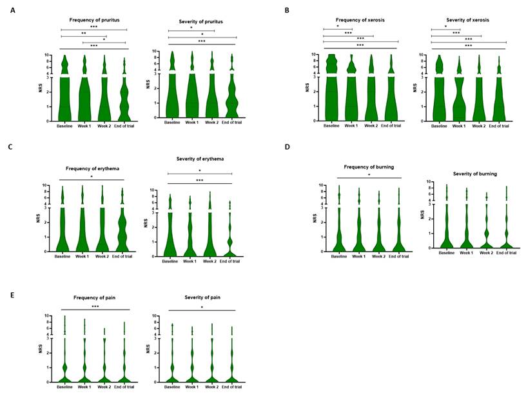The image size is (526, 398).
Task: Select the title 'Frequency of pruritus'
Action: (x=93, y=21)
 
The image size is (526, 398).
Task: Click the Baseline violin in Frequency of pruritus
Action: (x=64, y=97)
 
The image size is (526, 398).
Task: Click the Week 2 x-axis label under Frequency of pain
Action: (x=104, y=386)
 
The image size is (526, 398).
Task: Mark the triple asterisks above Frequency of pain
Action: (x=94, y=306)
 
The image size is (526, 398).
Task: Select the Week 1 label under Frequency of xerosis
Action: (x=351, y=126)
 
